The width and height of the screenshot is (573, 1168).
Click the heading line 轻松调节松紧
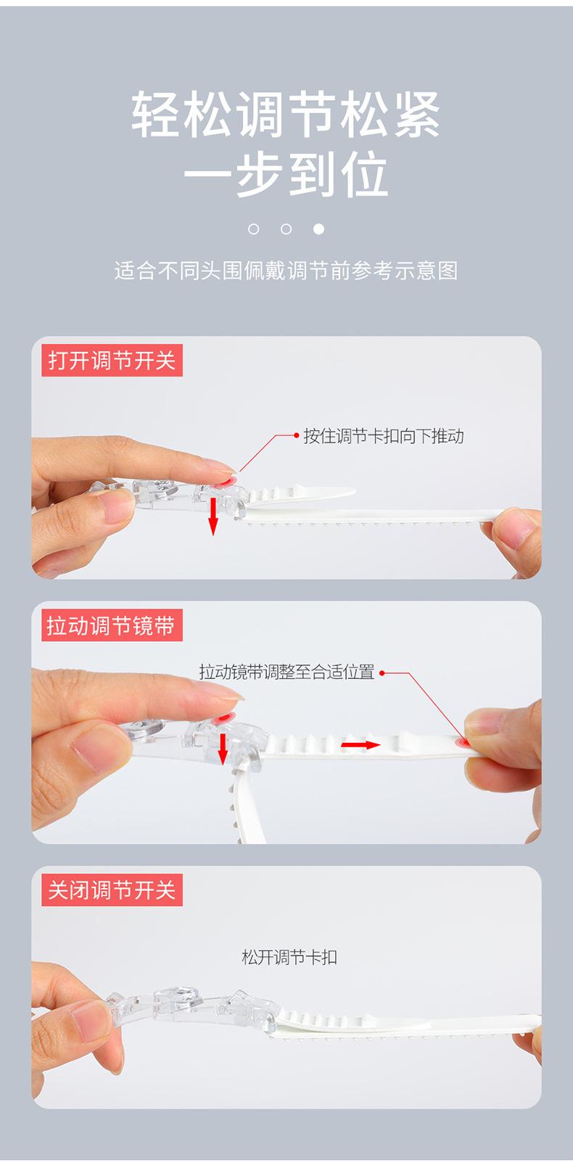(x=286, y=114)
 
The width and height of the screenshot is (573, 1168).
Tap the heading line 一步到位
(x=286, y=173)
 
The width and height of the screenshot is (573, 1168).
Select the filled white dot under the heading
(x=318, y=229)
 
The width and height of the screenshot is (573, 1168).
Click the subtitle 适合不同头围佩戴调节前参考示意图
(x=286, y=271)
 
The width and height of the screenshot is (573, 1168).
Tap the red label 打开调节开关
(x=112, y=361)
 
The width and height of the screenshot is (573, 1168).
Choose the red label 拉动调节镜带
(x=112, y=625)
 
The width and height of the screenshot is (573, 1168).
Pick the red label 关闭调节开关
(x=112, y=889)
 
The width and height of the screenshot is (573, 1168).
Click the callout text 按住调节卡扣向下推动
(x=384, y=436)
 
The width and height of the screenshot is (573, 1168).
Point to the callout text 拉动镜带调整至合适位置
(x=286, y=672)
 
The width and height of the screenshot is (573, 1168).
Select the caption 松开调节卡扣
(x=289, y=957)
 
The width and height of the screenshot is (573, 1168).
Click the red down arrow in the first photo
(x=213, y=517)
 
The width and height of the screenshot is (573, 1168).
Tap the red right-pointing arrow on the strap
(x=360, y=744)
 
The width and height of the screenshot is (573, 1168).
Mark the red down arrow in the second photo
(x=223, y=749)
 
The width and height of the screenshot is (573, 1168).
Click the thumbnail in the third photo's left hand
(x=88, y=1019)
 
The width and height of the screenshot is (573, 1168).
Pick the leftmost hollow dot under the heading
(x=253, y=229)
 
